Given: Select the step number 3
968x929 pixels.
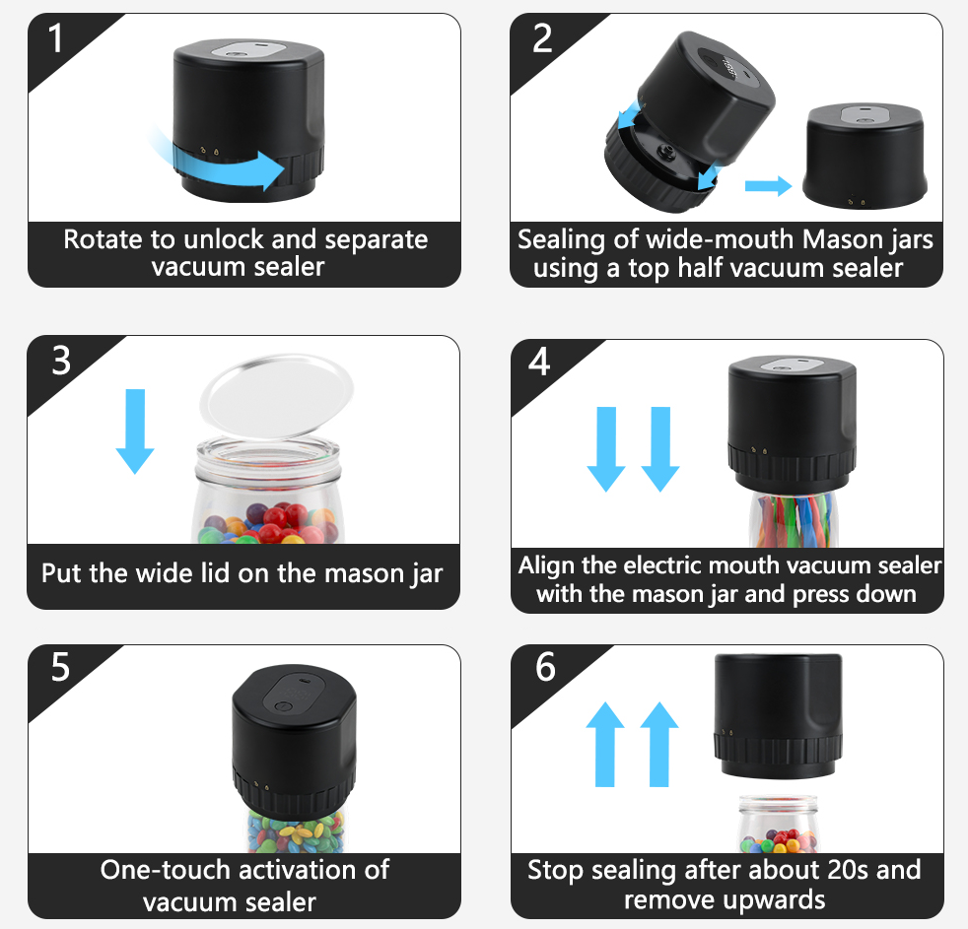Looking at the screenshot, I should point(61,361).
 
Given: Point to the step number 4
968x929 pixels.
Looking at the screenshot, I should point(539,362).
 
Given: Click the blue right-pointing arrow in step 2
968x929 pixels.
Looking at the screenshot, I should point(768,184).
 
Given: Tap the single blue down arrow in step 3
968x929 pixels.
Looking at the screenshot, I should point(135,431).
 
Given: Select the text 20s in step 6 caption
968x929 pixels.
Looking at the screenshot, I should point(830,870).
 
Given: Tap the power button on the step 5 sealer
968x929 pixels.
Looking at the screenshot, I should point(286,705).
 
